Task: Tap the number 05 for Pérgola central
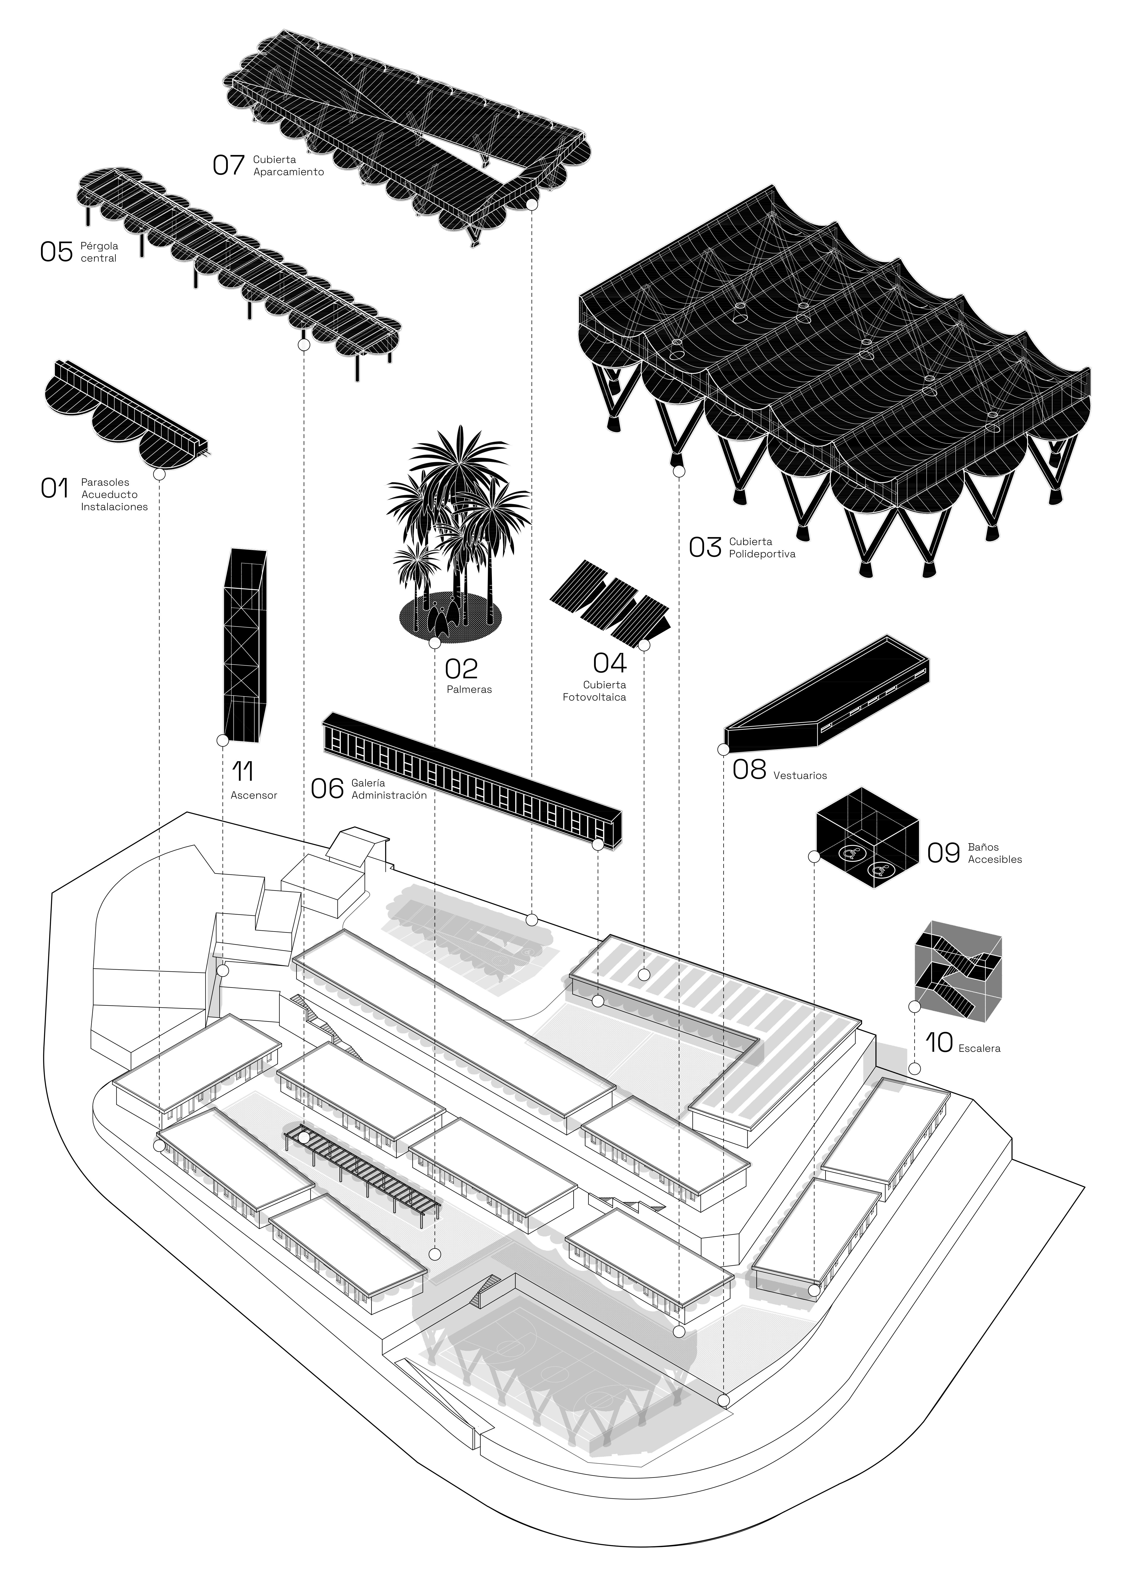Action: click(x=56, y=251)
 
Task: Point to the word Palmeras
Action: click(x=469, y=690)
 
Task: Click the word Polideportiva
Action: click(x=757, y=554)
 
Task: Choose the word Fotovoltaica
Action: click(x=594, y=697)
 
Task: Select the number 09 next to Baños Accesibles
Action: click(x=943, y=853)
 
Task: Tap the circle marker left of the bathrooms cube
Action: click(x=815, y=857)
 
